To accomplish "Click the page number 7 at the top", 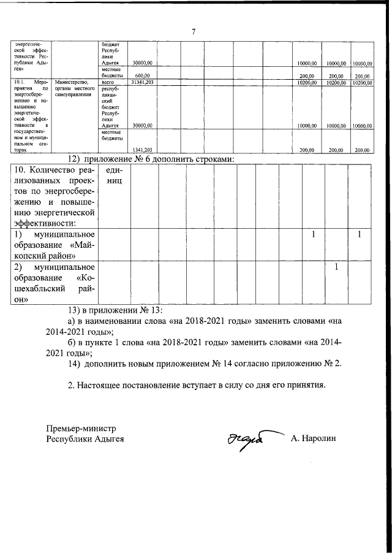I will [193, 31].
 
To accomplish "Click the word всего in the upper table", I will [108, 82].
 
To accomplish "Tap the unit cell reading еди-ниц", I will [113, 176].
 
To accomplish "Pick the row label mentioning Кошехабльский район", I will [54, 283].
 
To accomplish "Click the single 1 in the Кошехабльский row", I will [336, 267].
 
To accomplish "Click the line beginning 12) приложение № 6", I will [152, 159].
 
